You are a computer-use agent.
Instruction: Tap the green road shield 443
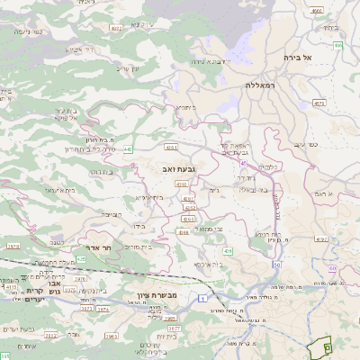coord(129,149)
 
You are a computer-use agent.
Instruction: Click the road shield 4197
coord(321,239)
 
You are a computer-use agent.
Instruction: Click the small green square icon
coord(327,346)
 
